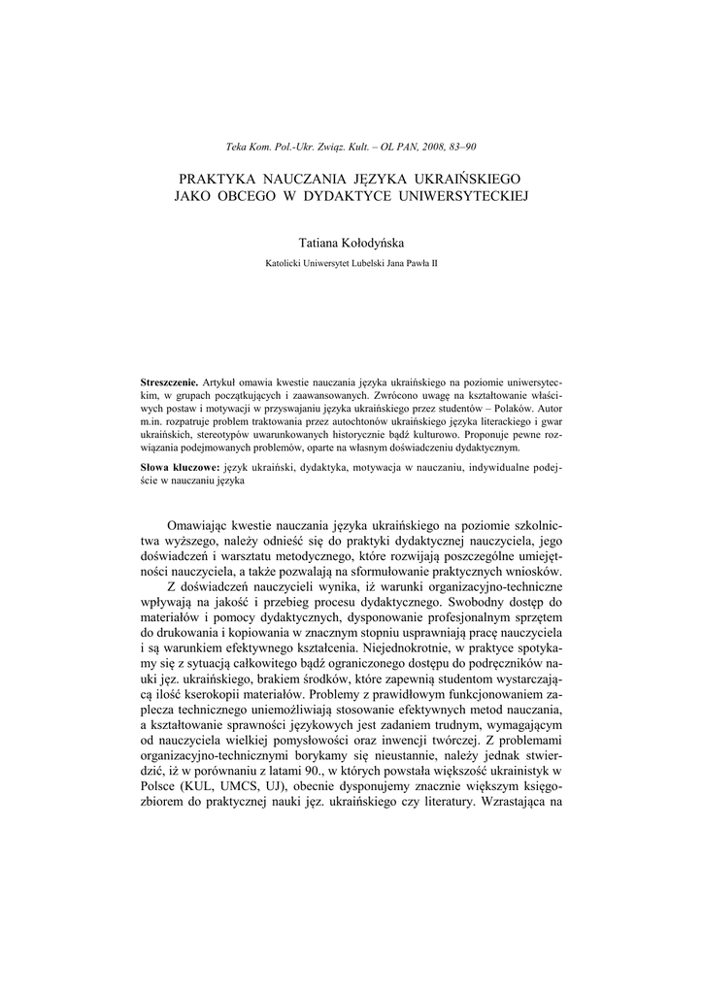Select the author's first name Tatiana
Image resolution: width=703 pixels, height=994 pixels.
click(320, 243)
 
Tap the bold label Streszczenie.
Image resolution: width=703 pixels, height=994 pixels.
click(169, 383)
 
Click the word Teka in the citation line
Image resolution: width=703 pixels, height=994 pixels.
click(236, 147)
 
